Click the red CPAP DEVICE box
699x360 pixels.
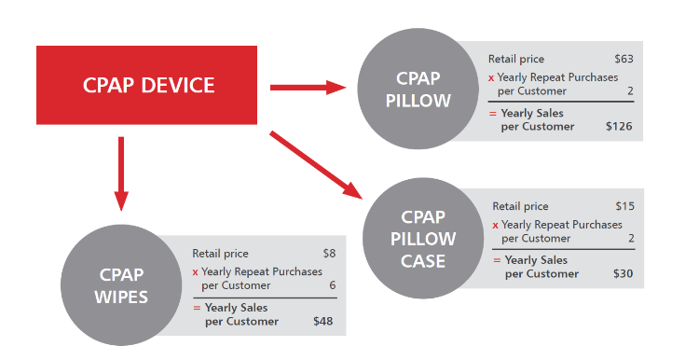click(146, 86)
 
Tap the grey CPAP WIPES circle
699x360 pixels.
click(120, 286)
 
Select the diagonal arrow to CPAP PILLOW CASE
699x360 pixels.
click(317, 165)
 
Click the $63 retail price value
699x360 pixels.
click(624, 60)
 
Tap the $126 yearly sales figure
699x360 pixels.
click(619, 126)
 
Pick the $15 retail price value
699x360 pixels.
click(624, 206)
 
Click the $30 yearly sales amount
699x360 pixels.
click(622, 273)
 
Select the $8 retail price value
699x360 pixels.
click(328, 253)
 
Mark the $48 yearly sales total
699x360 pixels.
click(322, 322)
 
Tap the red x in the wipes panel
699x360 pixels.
click(196, 272)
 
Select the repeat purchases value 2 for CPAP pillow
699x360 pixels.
click(630, 90)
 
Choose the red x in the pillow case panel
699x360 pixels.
click(496, 225)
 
